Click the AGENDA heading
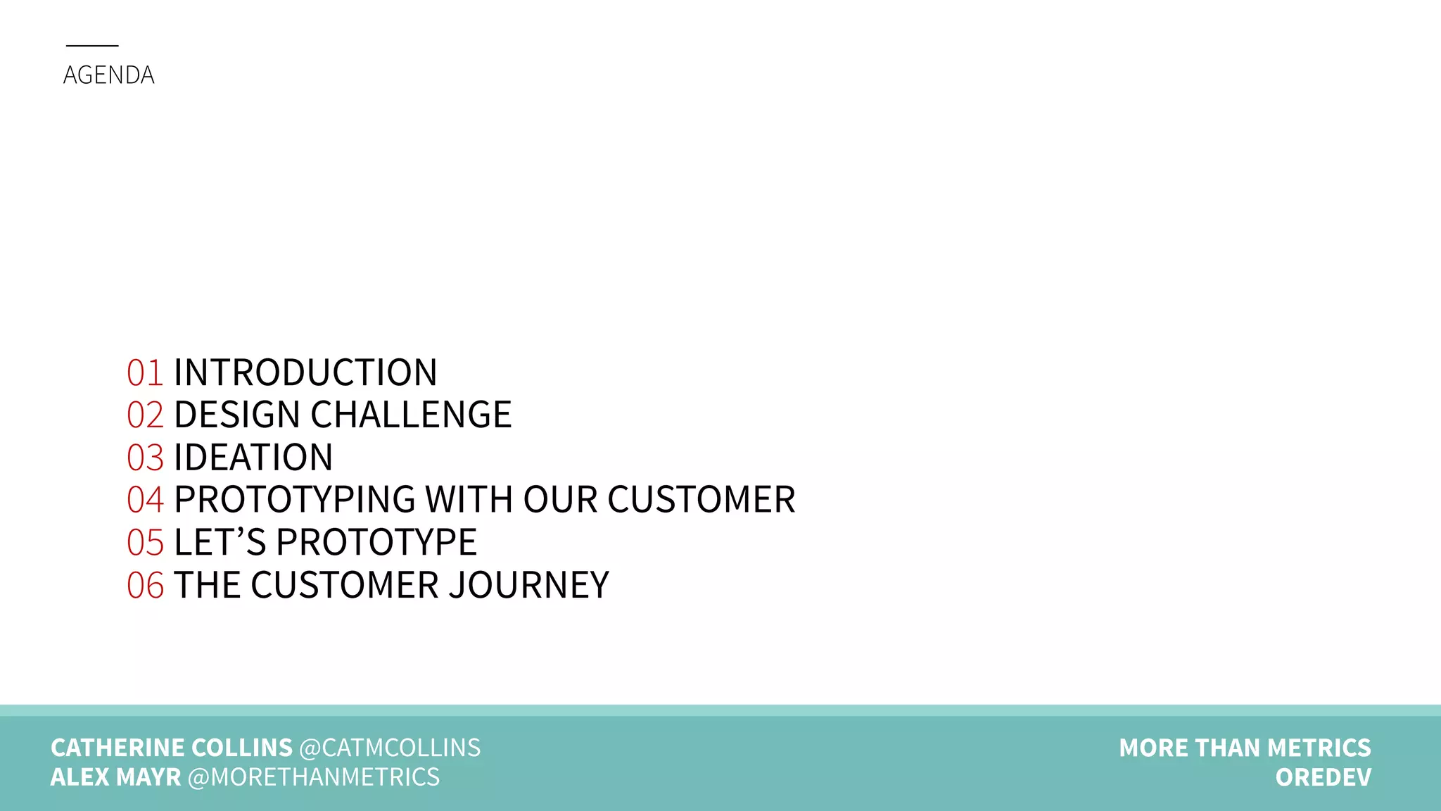(x=108, y=75)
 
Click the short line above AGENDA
(x=92, y=46)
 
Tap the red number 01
(x=145, y=372)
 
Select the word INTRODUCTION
(x=305, y=372)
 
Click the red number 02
(x=145, y=415)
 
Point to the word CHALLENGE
(x=411, y=415)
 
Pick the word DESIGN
(x=237, y=415)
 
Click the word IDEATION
(x=253, y=458)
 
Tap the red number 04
(x=145, y=500)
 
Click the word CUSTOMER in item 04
(x=701, y=500)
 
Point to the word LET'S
(x=220, y=543)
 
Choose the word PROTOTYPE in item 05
(x=376, y=543)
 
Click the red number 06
(x=145, y=586)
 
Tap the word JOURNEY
(x=528, y=586)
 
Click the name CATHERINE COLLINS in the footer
(x=171, y=748)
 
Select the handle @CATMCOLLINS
(x=390, y=748)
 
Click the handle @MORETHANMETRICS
(x=313, y=777)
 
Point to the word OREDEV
(x=1323, y=777)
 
